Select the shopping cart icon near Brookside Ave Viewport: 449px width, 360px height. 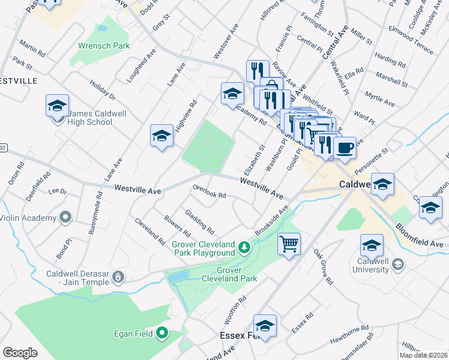click(289, 244)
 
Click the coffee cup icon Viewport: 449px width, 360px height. click(345, 148)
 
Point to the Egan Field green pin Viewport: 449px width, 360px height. click(161, 332)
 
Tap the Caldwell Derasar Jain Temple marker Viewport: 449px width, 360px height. click(119, 276)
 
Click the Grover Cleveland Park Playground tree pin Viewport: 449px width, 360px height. click(244, 247)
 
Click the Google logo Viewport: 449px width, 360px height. click(20, 352)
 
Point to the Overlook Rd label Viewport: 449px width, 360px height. click(209, 191)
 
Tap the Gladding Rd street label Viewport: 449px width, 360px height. click(200, 221)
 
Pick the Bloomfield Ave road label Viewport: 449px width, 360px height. click(418, 236)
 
